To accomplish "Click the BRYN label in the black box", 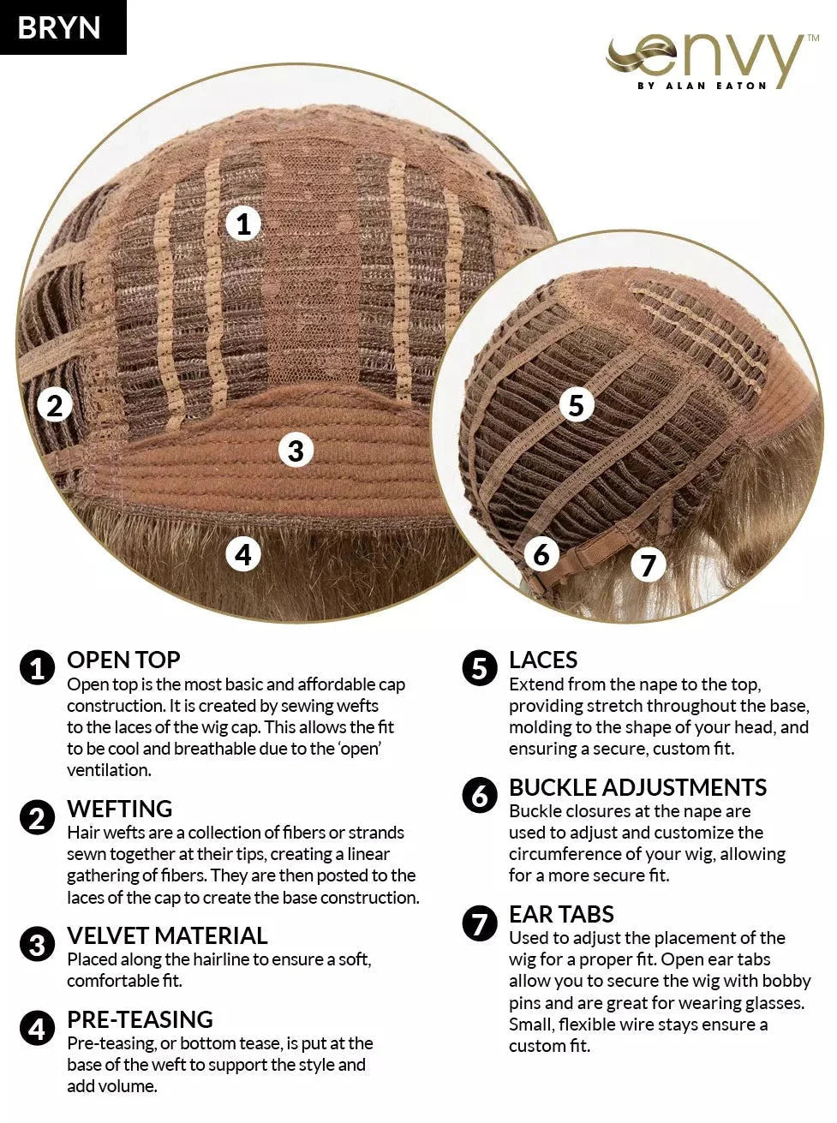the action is coord(59,27).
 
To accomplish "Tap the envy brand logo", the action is coord(712,63).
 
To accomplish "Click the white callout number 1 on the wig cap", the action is coord(243,224).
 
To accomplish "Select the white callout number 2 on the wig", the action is coord(55,406).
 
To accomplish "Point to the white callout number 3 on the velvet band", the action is coord(296,451).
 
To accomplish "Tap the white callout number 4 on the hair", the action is coord(243,554).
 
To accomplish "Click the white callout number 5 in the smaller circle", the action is coord(577,405).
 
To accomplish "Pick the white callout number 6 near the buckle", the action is coord(541,554).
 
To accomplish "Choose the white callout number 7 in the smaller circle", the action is coord(648,564).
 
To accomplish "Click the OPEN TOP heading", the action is coord(123,660).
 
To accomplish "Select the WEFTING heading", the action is coord(120,809).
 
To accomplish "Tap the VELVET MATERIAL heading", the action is coord(167,935).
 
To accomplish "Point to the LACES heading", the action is coord(543,660).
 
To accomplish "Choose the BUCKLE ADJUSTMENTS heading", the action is coord(637,787).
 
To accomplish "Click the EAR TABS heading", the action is coord(561,914).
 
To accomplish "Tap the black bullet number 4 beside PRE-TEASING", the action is coord(38,1029).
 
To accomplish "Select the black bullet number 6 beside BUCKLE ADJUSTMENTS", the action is coord(480,796).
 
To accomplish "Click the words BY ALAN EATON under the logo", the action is coord(702,86).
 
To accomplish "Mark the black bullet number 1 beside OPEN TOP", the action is coord(38,667).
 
